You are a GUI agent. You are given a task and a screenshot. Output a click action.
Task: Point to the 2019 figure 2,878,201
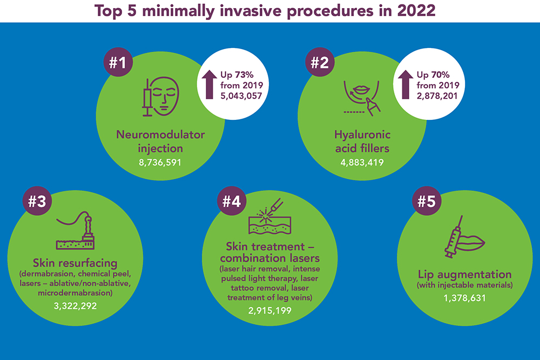438,96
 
